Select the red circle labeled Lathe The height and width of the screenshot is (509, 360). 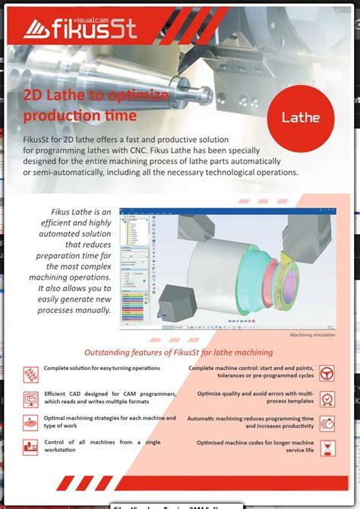click(x=301, y=117)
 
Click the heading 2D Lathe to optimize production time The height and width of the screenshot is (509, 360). click(x=87, y=106)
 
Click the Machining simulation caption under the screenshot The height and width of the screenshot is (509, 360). click(x=312, y=335)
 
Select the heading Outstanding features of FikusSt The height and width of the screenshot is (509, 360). click(x=178, y=353)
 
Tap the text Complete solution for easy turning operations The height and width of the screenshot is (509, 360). click(x=102, y=368)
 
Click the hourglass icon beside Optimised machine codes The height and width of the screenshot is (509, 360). click(x=327, y=449)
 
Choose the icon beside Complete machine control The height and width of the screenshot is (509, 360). click(x=327, y=374)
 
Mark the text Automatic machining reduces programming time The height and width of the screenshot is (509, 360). click(x=251, y=422)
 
